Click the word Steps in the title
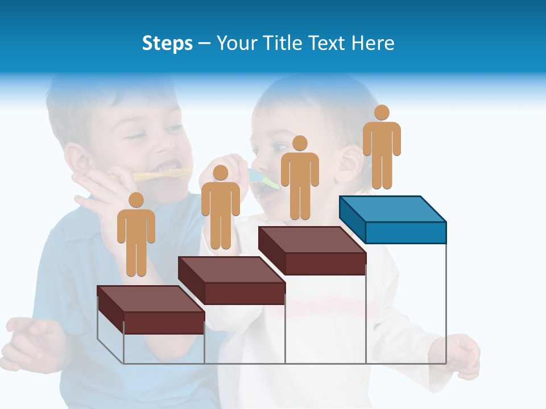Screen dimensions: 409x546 point(167,43)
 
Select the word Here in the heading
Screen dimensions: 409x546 point(373,43)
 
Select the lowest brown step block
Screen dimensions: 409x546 point(151,310)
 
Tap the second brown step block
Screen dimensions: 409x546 point(232,281)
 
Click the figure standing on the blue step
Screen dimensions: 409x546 point(382,148)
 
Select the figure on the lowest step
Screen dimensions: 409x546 point(136,235)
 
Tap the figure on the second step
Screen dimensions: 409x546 point(221,208)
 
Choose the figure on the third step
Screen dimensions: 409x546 point(300,178)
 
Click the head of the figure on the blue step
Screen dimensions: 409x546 point(382,112)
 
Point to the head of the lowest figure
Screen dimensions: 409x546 point(136,200)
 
